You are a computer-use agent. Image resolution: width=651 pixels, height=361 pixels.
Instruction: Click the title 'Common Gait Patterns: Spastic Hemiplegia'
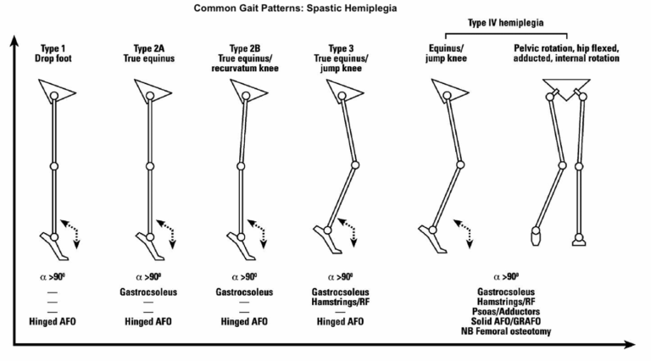tap(282, 8)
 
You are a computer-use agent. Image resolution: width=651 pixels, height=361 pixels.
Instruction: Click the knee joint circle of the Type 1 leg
tap(54, 166)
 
